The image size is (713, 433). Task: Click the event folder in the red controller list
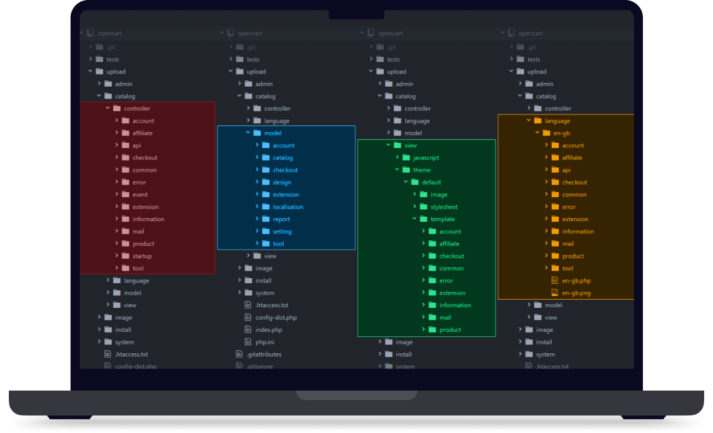pyautogui.click(x=140, y=195)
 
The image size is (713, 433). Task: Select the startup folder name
pyautogui.click(x=142, y=256)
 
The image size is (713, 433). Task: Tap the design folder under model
pyautogui.click(x=281, y=182)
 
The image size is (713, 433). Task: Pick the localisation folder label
pyautogui.click(x=288, y=207)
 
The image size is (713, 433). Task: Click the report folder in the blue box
pyautogui.click(x=281, y=219)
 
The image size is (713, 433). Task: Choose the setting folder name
pyautogui.click(x=282, y=231)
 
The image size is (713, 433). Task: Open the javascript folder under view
pyautogui.click(x=421, y=158)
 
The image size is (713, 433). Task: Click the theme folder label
pyautogui.click(x=422, y=170)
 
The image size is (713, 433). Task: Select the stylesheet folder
pyautogui.click(x=444, y=207)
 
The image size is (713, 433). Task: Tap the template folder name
pyautogui.click(x=442, y=219)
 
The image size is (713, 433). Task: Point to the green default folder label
pyautogui.click(x=431, y=182)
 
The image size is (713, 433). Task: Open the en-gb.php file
pyautogui.click(x=576, y=281)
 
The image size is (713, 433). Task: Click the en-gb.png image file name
pyautogui.click(x=576, y=293)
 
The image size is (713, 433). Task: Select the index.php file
pyautogui.click(x=269, y=330)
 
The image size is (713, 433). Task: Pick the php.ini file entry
pyautogui.click(x=265, y=342)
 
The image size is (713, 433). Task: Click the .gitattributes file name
pyautogui.click(x=264, y=355)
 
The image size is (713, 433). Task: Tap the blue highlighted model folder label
pyautogui.click(x=272, y=133)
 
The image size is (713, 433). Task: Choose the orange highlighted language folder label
pyautogui.click(x=557, y=121)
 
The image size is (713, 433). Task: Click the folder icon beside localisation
pyautogui.click(x=266, y=207)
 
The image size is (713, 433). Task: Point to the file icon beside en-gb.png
pyautogui.click(x=554, y=293)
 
